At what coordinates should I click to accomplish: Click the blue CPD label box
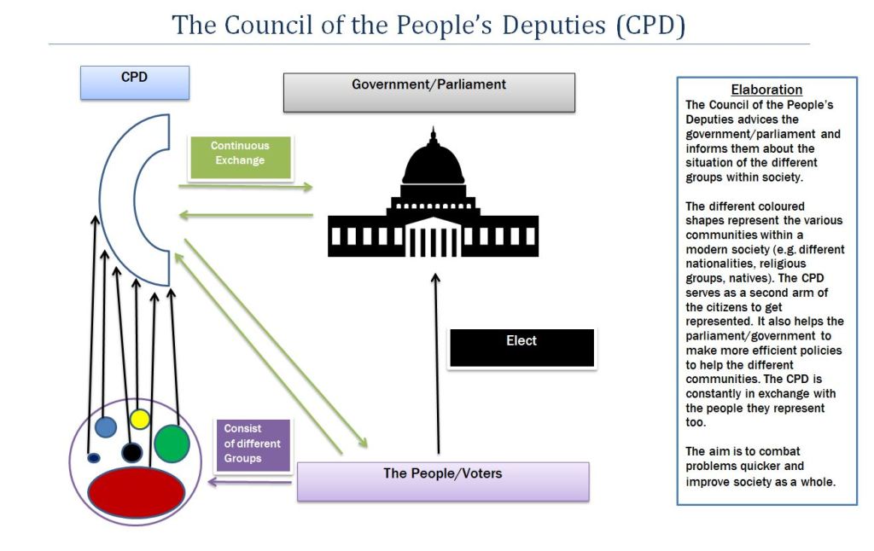(x=134, y=83)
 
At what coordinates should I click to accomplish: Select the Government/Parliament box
(x=428, y=92)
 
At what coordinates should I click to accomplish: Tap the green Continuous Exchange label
(x=240, y=158)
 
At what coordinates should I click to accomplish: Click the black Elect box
(x=521, y=347)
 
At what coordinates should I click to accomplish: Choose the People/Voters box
(x=442, y=480)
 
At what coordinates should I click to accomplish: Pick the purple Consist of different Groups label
(x=253, y=444)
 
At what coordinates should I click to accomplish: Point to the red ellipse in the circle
(x=137, y=492)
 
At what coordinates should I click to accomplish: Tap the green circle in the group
(x=172, y=443)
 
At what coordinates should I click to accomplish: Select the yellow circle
(x=140, y=419)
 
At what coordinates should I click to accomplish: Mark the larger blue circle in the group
(x=106, y=426)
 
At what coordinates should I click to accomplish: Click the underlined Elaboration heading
(x=766, y=90)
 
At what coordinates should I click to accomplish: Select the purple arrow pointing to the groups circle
(x=251, y=484)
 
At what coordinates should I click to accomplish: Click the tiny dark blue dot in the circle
(x=93, y=458)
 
